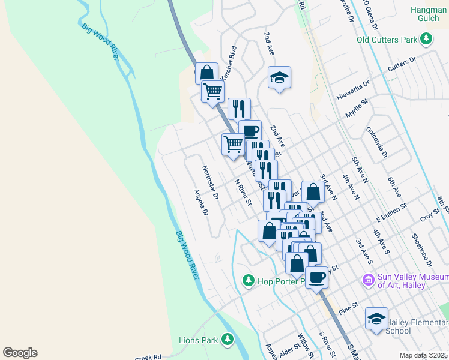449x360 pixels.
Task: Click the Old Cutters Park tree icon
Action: (426, 40)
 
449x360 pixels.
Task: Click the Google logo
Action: (20, 353)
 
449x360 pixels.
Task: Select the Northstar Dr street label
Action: (209, 183)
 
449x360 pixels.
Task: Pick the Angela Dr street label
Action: (200, 203)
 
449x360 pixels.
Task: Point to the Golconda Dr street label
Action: (376, 143)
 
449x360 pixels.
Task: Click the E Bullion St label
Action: (391, 208)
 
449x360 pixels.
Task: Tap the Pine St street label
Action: (348, 310)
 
